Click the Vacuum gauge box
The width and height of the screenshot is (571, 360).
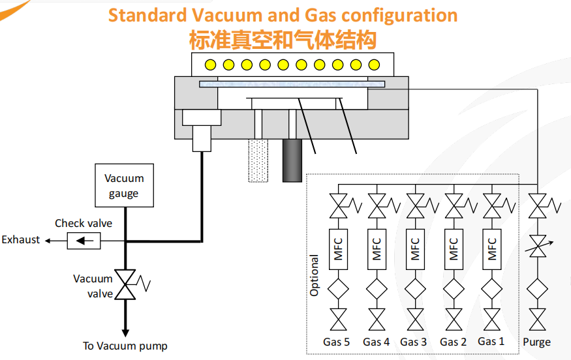pos(124,185)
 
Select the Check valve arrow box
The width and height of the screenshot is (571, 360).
pos(84,241)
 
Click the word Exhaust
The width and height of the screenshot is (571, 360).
pos(21,240)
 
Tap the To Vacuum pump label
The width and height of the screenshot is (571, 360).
pos(125,346)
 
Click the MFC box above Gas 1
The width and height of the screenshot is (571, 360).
pos(493,248)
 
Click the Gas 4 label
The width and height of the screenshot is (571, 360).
pos(377,342)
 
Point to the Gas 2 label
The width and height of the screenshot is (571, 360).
pos(453,342)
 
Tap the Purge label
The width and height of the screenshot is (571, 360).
pos(536,342)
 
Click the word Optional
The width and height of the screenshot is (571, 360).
pos(315,276)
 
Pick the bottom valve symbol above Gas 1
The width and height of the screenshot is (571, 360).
pos(493,320)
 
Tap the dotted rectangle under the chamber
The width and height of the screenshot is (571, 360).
pos(258,160)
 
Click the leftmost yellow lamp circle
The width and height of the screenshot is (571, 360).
pos(211,65)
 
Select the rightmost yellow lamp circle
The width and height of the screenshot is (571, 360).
pos(374,65)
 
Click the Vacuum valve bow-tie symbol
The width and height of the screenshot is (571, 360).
pos(125,284)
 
